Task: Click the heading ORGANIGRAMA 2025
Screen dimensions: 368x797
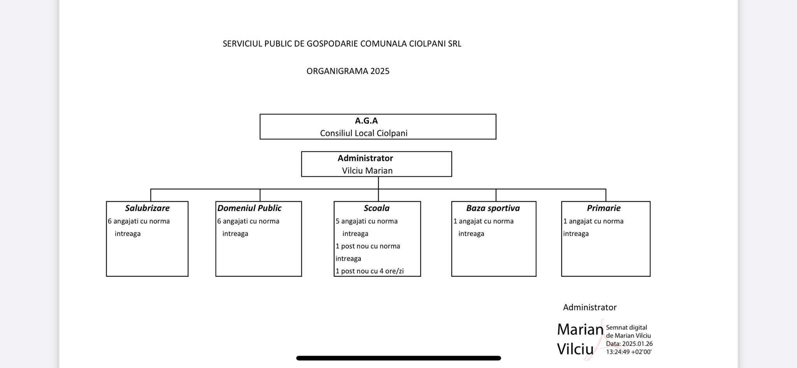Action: point(348,71)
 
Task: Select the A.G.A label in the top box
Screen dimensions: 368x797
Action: point(366,121)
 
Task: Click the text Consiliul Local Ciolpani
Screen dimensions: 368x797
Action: point(363,133)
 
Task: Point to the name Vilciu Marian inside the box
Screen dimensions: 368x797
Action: point(367,171)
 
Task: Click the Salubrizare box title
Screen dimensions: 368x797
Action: point(147,208)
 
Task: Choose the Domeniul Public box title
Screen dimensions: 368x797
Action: point(249,208)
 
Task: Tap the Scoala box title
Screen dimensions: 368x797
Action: point(376,208)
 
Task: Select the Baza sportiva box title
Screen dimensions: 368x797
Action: point(493,208)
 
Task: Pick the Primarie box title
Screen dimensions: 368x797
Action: point(604,208)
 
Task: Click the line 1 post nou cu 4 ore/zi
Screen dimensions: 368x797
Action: point(369,271)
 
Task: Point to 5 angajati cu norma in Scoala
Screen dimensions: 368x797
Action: point(367,221)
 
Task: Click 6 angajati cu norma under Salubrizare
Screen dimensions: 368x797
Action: point(139,221)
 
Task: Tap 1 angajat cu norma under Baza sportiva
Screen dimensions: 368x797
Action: point(483,221)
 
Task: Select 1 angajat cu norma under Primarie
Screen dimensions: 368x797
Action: point(593,221)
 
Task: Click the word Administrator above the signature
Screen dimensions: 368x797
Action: point(590,307)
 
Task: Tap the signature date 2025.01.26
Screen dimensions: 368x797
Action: point(637,344)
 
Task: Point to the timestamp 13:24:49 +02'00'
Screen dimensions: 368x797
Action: point(628,352)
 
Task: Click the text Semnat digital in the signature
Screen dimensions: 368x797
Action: point(626,328)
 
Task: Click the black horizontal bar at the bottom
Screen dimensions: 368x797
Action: point(398,358)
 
